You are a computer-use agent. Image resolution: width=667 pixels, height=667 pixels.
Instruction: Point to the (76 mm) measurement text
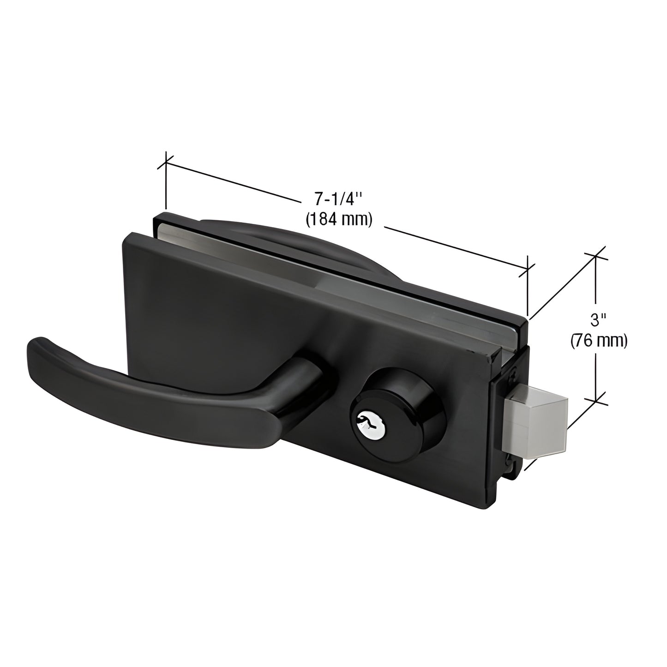point(599,341)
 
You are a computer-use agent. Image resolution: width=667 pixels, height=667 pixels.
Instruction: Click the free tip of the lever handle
point(39,349)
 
